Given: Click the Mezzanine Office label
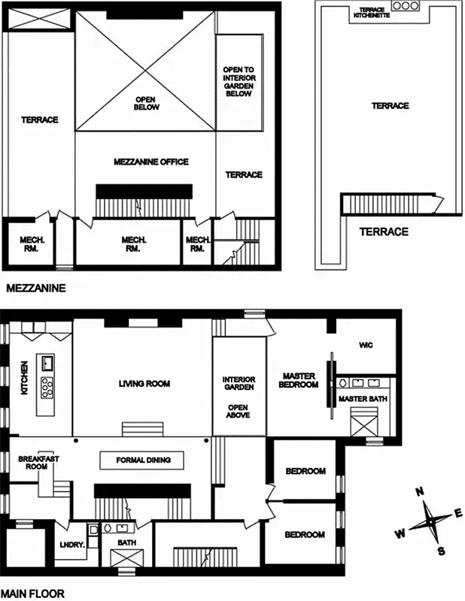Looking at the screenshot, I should pos(150,162).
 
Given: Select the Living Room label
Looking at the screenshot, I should pos(144,384).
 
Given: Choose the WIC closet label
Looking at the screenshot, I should pos(366,345).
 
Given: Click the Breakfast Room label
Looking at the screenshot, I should pos(33,462).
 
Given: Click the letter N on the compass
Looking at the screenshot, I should pos(420,492).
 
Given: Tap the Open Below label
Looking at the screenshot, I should pos(147,103).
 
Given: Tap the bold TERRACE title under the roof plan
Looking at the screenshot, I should pos(383,231).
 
